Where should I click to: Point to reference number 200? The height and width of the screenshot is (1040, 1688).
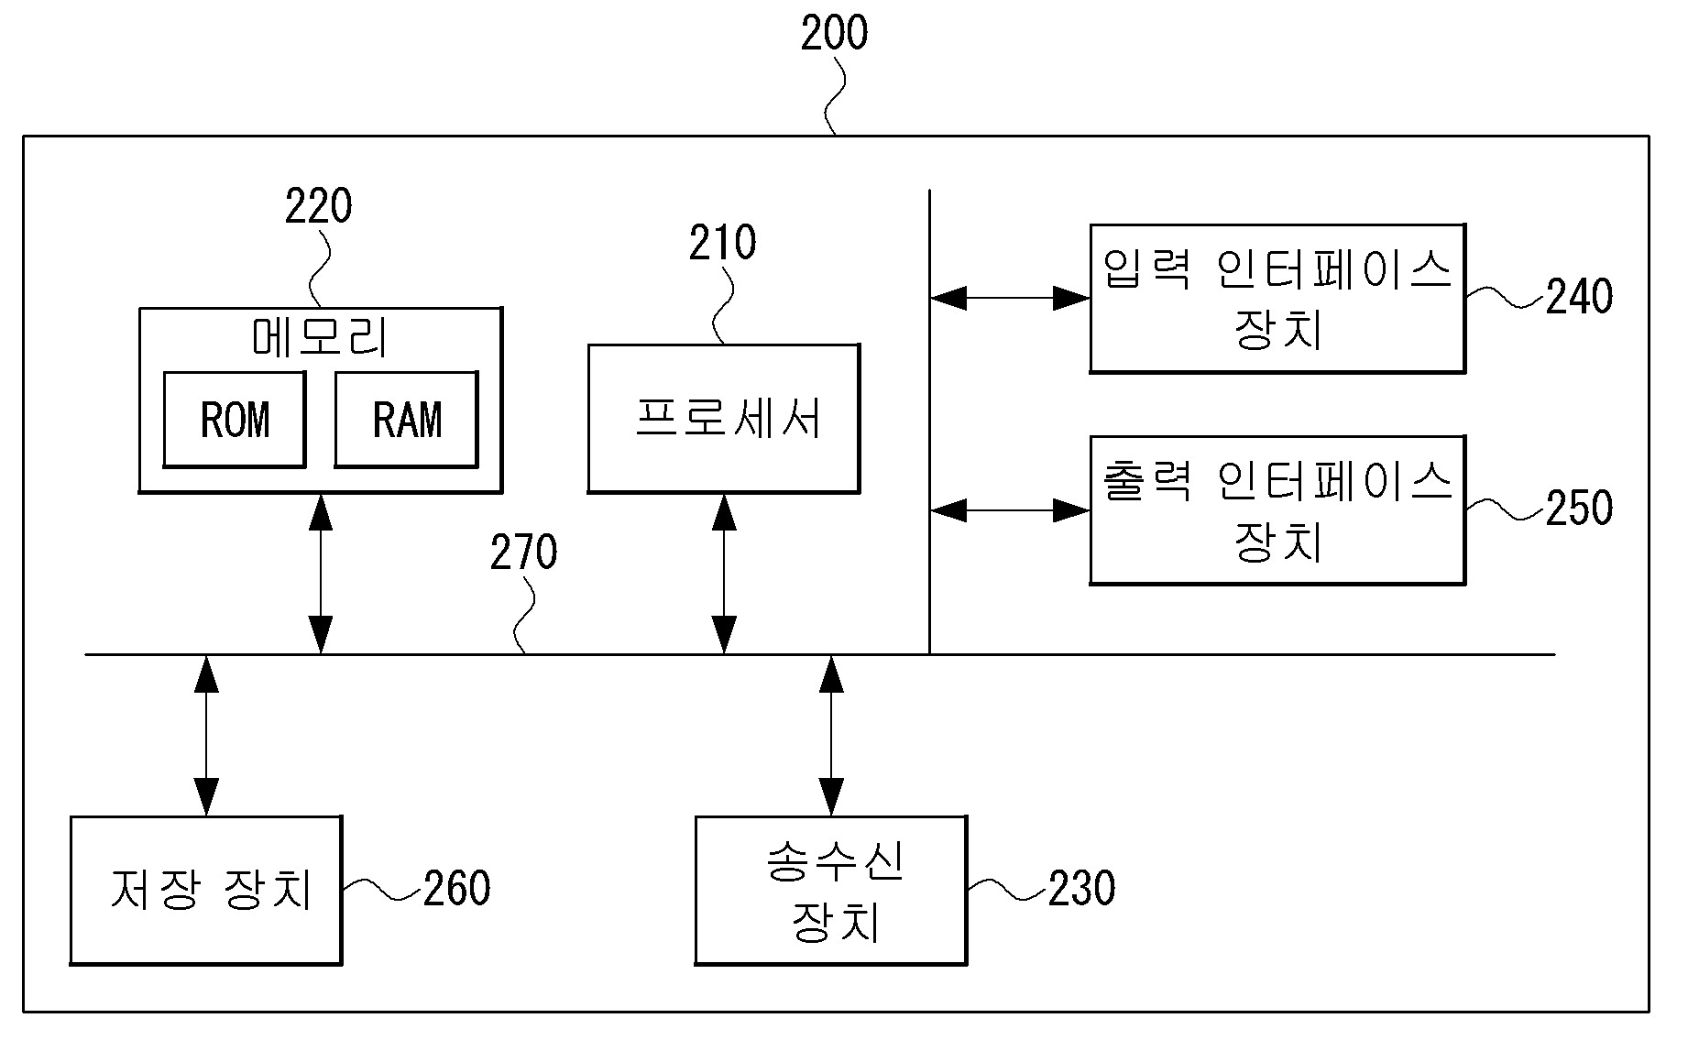[x=834, y=33]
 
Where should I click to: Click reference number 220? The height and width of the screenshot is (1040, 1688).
[x=318, y=206]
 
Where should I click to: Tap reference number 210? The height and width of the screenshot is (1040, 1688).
[x=723, y=243]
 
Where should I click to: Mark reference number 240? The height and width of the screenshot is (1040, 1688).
[x=1579, y=297]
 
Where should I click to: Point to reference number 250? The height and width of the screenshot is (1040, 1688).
[x=1579, y=509]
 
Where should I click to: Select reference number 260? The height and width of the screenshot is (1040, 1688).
[x=456, y=888]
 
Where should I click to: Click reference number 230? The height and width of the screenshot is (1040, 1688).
[x=1081, y=888]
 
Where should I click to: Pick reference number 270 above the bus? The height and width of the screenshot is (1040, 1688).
[x=523, y=553]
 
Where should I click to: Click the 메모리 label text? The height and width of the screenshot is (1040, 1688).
[x=320, y=338]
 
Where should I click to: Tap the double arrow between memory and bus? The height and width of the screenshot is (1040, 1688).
[x=321, y=574]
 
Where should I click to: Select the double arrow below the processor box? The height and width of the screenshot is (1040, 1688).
[x=724, y=574]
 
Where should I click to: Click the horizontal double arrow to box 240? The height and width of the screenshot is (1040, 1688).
[x=1010, y=298]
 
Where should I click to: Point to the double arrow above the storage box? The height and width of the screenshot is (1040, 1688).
[x=207, y=735]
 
